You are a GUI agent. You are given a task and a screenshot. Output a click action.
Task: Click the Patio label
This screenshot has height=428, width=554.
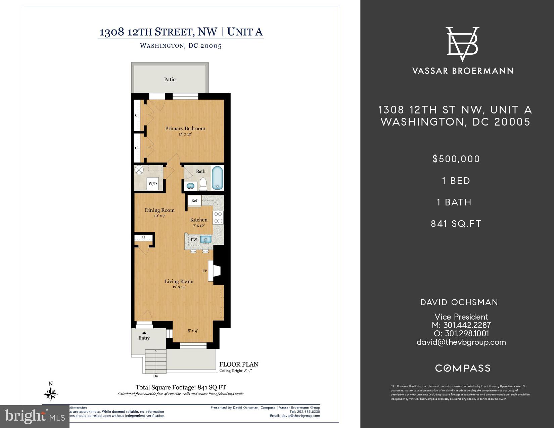pyautogui.click(x=170, y=80)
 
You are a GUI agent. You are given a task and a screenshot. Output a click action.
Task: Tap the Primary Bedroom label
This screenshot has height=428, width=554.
pyautogui.click(x=185, y=128)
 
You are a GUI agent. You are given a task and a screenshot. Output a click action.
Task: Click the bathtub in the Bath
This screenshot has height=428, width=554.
pyautogui.click(x=217, y=178)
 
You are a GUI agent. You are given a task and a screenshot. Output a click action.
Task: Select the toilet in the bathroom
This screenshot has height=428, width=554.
pyautogui.click(x=203, y=184)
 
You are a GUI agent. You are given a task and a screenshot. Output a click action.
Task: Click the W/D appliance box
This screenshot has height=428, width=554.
pyautogui.click(x=153, y=184)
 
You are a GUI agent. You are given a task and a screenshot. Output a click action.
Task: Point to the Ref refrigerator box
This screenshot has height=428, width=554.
pyautogui.click(x=194, y=201)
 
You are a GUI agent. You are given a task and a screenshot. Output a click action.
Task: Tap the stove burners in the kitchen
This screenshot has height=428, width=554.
pyautogui.click(x=219, y=217)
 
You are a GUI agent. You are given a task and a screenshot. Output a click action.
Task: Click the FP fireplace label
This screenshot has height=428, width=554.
pyautogui.click(x=204, y=271)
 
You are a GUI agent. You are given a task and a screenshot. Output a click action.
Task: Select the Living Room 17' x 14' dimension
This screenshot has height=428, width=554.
pyautogui.click(x=179, y=287)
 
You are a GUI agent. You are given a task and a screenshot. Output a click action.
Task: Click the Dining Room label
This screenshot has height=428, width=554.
pyautogui.click(x=159, y=210)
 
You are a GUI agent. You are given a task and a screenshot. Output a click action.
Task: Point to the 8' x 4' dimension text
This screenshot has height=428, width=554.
pyautogui.click(x=192, y=331)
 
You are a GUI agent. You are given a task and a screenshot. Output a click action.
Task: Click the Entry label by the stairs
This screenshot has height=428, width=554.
pyautogui.click(x=144, y=338)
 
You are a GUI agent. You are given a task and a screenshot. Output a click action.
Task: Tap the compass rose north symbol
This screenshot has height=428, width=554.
pyautogui.click(x=51, y=393)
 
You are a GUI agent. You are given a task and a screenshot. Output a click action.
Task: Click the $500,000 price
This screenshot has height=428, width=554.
pyautogui.click(x=456, y=159)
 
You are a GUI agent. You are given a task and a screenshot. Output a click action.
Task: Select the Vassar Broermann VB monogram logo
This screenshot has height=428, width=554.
pyautogui.click(x=462, y=44)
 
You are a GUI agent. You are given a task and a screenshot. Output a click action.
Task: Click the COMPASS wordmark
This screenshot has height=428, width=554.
pyautogui.click(x=463, y=368)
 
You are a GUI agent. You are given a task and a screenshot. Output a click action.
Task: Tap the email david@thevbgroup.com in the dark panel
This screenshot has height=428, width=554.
pyautogui.click(x=461, y=342)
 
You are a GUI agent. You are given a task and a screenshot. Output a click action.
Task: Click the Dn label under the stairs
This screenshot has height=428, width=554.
pyautogui.click(x=156, y=376)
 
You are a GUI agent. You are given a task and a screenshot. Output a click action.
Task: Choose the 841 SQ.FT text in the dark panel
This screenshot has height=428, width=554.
pyautogui.click(x=456, y=224)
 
